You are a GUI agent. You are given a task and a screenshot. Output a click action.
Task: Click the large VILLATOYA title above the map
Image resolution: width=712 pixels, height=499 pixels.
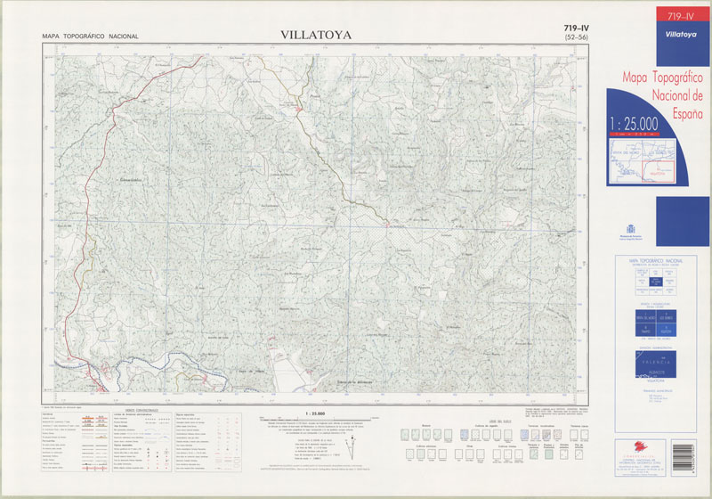(316, 36)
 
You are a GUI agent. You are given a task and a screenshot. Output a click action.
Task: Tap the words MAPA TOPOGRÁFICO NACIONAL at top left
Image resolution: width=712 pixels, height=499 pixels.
(90, 37)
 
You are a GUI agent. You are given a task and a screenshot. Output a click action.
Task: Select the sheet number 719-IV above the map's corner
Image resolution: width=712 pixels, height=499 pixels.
(576, 29)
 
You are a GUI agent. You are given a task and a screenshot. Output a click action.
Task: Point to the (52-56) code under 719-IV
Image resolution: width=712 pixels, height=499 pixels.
(576, 38)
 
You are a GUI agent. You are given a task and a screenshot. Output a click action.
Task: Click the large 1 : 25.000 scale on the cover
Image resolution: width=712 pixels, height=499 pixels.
(634, 122)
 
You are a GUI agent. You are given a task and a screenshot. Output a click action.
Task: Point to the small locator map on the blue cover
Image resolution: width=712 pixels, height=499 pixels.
(641, 160)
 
